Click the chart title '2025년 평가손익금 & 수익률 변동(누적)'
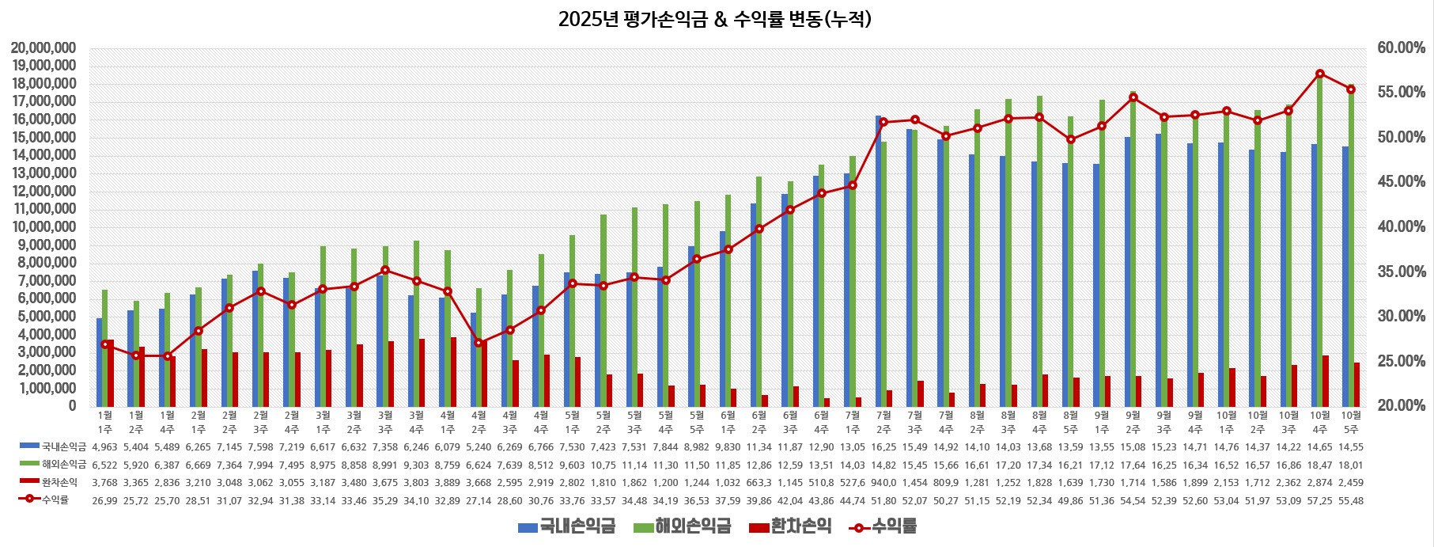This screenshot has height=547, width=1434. tap(715, 19)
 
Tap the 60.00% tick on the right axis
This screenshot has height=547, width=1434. tap(1401, 48)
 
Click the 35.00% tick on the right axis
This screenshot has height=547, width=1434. tap(1401, 272)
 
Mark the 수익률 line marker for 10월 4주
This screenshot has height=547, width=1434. tap(1320, 74)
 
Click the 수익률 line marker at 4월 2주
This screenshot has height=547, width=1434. tap(479, 343)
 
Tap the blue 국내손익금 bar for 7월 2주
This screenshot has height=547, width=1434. tap(878, 261)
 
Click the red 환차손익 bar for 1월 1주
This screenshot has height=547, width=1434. tap(111, 373)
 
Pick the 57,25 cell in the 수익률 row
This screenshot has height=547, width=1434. tap(1320, 500)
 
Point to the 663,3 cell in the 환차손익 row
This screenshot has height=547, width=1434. tap(759, 482)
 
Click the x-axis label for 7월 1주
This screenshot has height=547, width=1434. tap(853, 422)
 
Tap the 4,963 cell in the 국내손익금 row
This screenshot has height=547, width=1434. tap(104, 447)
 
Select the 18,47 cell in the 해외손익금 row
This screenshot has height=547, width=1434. tap(1320, 465)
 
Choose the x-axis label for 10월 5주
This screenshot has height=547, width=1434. tap(1351, 422)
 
